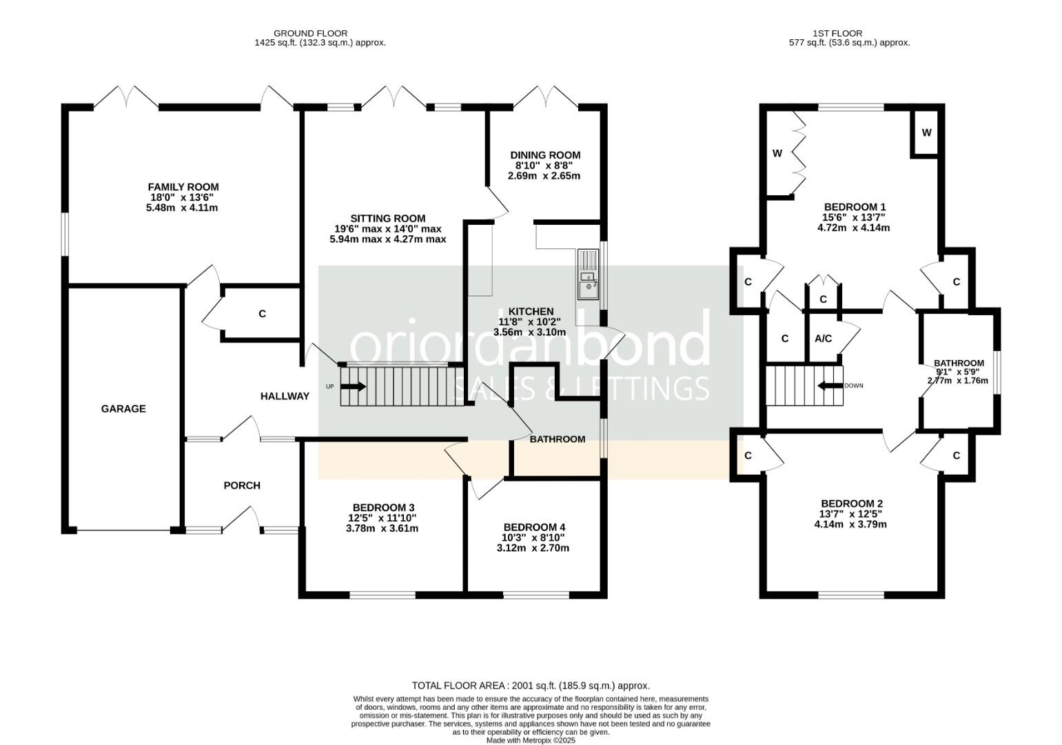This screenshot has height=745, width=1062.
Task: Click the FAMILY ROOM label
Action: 183,187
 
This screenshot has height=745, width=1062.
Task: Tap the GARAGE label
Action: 123,408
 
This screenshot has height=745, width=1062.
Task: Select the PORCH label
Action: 242,486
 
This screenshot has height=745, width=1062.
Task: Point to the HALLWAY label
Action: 285,396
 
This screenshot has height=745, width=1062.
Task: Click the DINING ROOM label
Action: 545,155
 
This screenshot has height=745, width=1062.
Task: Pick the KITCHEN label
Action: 531,312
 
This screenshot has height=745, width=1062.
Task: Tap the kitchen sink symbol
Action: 589,275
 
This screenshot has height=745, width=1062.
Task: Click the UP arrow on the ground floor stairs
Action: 354,387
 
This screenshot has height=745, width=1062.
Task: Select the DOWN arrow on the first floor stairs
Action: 830,386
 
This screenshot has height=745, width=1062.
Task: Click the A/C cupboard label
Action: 823,339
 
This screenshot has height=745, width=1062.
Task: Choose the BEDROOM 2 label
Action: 852,504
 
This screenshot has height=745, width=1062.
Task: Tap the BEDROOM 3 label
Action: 384,508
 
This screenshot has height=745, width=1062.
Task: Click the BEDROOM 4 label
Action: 534,528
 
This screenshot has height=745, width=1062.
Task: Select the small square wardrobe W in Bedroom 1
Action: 926,133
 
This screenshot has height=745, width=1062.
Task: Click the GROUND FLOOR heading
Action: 311,34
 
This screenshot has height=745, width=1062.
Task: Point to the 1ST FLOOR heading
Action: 837,34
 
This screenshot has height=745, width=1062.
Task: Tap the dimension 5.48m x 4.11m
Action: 182,208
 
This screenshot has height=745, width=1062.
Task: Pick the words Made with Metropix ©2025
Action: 531,740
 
